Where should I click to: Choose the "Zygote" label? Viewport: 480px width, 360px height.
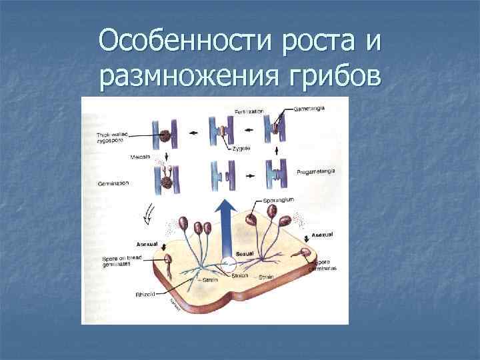[x=241, y=147]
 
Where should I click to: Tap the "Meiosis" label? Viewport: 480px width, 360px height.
[x=139, y=157]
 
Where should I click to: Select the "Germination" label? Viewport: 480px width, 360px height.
[x=113, y=182]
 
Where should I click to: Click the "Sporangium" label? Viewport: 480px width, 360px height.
[x=278, y=199]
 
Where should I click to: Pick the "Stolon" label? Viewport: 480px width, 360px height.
[x=240, y=274]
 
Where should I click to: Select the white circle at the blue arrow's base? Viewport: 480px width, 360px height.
[x=227, y=263]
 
